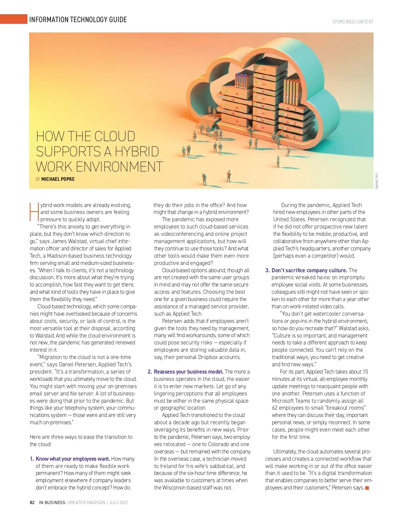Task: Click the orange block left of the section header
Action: pos(13,19)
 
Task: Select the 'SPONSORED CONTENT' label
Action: pos(352,22)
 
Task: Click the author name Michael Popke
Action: pos(58,179)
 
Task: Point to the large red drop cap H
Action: pos(34,211)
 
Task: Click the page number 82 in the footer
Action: pos(32,502)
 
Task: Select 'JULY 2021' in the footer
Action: pos(118,502)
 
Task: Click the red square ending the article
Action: pos(367,488)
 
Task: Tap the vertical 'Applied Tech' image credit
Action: pos(377,181)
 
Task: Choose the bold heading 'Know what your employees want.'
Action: pos(73,459)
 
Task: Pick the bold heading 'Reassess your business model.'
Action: pos(189,372)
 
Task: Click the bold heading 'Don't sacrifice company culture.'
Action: pos(309,270)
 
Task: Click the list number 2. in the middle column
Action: pos(150,372)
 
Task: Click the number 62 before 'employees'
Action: pos(275,408)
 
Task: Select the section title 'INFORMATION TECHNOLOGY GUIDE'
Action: pos(78,20)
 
